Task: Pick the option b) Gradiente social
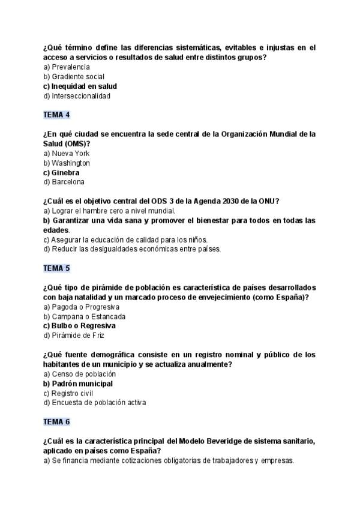click(74, 77)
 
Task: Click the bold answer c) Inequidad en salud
click(80, 86)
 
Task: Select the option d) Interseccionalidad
click(77, 96)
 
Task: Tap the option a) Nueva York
click(66, 154)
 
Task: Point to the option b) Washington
click(67, 163)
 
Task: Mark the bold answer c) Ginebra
click(61, 173)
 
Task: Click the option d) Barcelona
click(64, 182)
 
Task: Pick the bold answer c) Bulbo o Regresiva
click(79, 326)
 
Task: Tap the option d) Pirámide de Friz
click(70, 336)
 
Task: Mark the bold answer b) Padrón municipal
click(78, 384)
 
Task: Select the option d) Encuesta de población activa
click(94, 403)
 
